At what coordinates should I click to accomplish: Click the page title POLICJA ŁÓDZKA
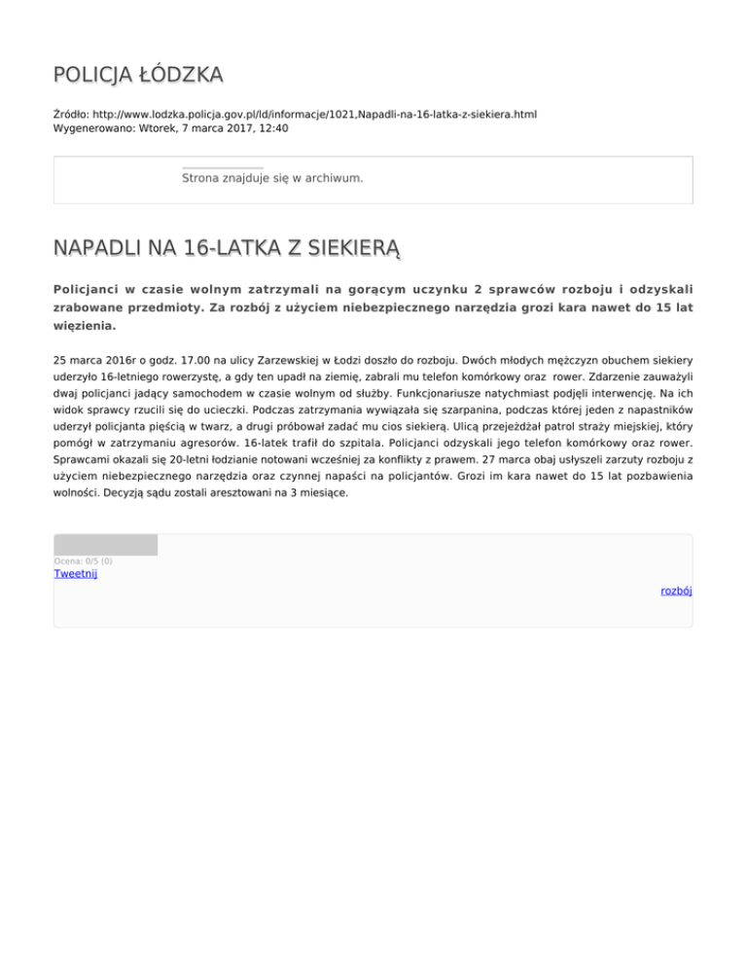pyautogui.click(x=138, y=74)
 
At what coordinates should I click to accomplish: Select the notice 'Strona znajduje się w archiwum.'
pyautogui.click(x=272, y=179)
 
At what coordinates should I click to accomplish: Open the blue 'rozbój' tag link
pyautogui.click(x=676, y=591)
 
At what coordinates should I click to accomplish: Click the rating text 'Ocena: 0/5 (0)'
pyautogui.click(x=83, y=560)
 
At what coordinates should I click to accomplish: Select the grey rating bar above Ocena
pyautogui.click(x=105, y=545)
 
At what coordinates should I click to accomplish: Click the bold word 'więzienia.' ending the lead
pyautogui.click(x=84, y=327)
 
